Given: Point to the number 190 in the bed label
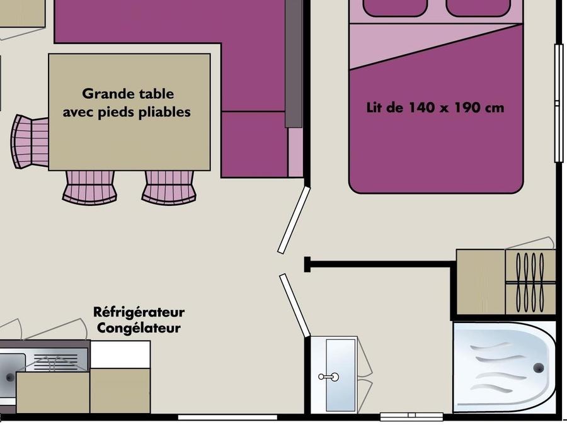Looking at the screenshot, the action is (x=467, y=107).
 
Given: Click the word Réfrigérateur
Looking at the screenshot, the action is (x=139, y=312).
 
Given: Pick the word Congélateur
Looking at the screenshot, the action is (x=139, y=328).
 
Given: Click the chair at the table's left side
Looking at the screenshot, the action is (x=30, y=142).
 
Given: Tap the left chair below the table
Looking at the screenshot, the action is (x=89, y=187).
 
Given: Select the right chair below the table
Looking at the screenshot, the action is (x=169, y=187).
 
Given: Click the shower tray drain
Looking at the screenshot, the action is (x=539, y=368).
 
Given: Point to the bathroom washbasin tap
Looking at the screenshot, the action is (x=329, y=377).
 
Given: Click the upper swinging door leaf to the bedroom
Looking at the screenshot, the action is (x=294, y=220).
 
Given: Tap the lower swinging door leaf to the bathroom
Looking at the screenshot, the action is (x=295, y=305).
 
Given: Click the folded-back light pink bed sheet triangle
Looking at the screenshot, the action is (x=416, y=43).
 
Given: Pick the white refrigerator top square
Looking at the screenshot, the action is (x=120, y=354).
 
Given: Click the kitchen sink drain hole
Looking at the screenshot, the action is (x=9, y=378).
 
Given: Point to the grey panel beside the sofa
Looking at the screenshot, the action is (x=293, y=64).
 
